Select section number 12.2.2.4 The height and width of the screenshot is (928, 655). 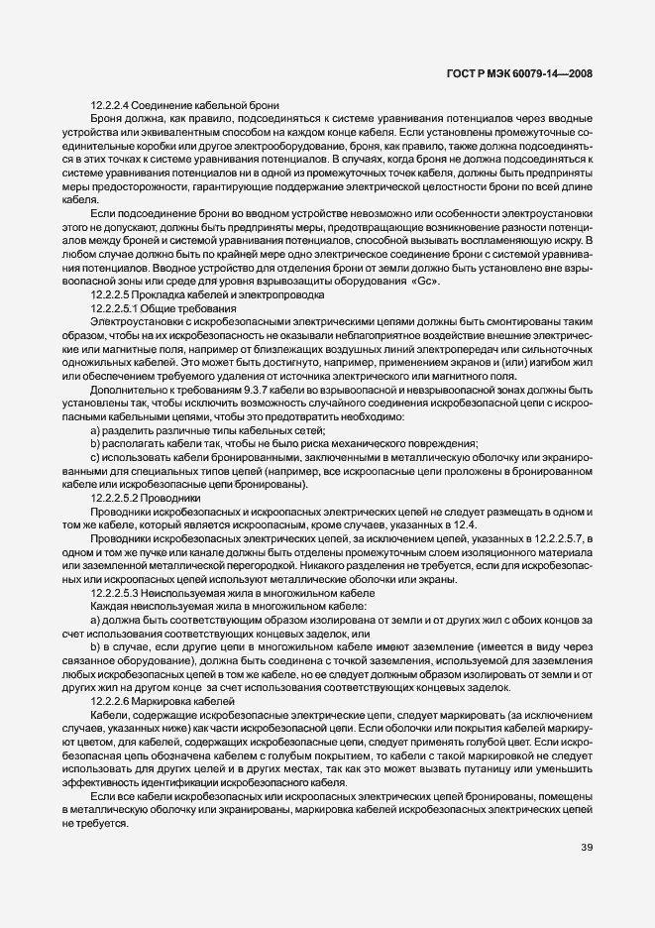pyautogui.click(x=110, y=105)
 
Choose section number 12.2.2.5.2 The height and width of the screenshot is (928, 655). pyautogui.click(x=114, y=498)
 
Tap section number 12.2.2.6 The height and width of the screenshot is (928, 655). pyautogui.click(x=110, y=700)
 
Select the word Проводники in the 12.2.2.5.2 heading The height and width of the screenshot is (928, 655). pyautogui.click(x=170, y=498)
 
